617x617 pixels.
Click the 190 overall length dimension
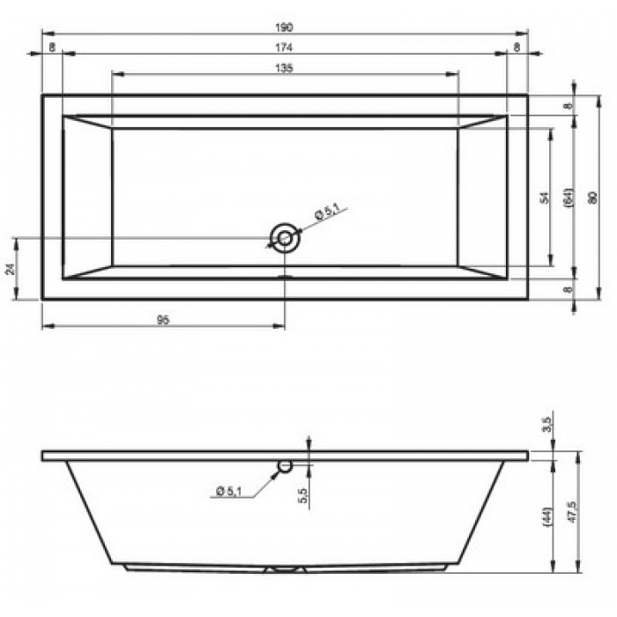click(284, 27)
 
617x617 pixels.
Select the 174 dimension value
click(284, 48)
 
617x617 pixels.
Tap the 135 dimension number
click(284, 68)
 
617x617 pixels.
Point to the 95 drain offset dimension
click(163, 320)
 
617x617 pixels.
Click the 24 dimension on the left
click(11, 269)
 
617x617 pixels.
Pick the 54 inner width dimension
click(545, 197)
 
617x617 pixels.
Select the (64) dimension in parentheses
click(569, 197)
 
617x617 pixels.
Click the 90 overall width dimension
click(592, 197)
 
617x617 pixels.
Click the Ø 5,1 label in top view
click(327, 212)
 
